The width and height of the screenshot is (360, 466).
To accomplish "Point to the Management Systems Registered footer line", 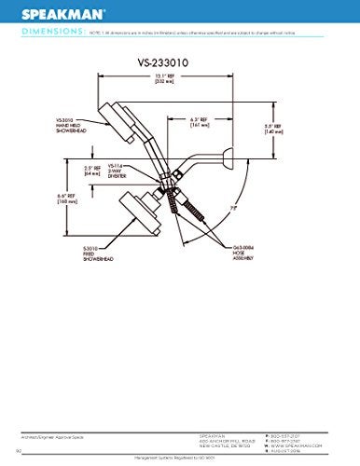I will [179, 458].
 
